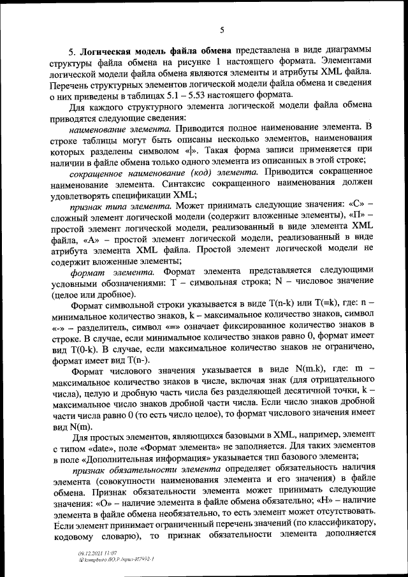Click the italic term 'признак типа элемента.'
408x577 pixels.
point(120,207)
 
